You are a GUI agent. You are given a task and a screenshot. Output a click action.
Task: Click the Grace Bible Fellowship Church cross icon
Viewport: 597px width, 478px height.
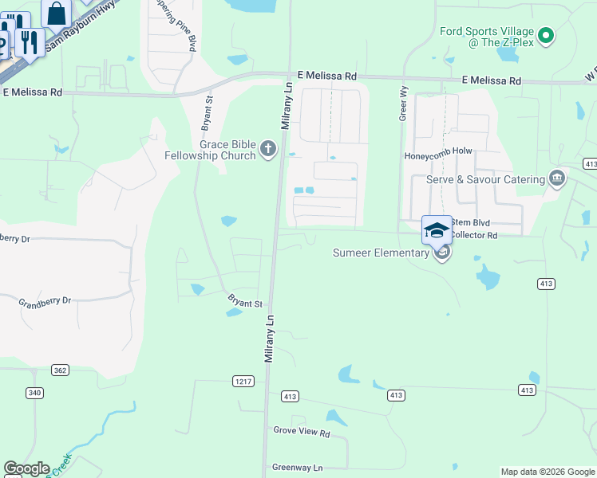(x=268, y=148)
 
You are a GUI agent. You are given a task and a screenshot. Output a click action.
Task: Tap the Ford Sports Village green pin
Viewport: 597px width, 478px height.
(x=546, y=35)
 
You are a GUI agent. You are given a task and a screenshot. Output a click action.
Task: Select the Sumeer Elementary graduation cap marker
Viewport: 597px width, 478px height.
(x=437, y=230)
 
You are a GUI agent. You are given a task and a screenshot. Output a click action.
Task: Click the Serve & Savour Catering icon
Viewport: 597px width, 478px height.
(x=557, y=179)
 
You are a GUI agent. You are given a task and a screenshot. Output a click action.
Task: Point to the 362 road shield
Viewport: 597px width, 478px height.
(x=59, y=370)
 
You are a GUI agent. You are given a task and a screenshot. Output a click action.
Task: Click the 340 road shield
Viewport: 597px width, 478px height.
(x=34, y=392)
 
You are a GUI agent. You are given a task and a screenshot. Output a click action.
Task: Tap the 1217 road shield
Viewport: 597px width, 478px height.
(x=243, y=382)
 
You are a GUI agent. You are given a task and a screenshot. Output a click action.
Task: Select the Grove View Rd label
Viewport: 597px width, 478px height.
(x=302, y=433)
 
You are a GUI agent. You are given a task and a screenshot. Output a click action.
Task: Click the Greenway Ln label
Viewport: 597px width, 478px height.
(x=297, y=468)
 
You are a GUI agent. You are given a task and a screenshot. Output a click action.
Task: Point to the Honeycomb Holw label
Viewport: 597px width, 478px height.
(x=438, y=156)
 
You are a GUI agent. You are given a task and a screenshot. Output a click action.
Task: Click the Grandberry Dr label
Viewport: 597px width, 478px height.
(x=45, y=301)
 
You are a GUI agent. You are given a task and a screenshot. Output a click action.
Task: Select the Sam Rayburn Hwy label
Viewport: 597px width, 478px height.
(x=80, y=27)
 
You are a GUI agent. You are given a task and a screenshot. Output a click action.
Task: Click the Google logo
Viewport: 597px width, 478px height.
(x=26, y=468)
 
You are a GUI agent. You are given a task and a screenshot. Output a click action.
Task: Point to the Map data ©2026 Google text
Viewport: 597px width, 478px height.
(x=548, y=472)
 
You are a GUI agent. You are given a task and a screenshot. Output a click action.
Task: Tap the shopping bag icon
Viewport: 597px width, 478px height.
(x=57, y=14)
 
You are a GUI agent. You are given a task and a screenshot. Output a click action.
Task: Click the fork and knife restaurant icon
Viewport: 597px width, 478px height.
(x=30, y=41)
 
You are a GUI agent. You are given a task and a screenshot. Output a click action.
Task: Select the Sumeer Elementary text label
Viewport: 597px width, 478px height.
(x=381, y=253)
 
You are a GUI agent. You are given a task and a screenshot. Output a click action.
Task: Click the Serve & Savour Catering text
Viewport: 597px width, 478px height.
(x=485, y=179)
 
